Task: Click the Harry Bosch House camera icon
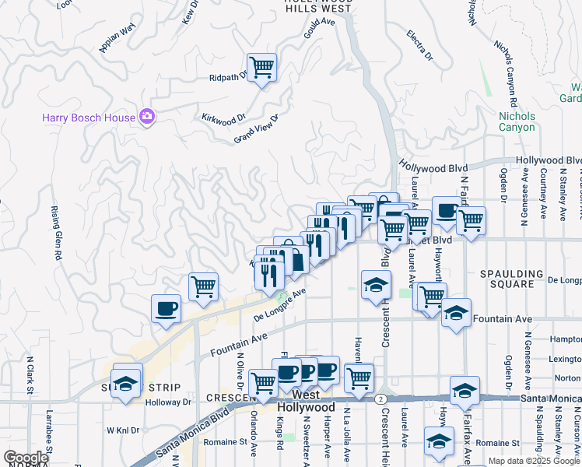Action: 147,118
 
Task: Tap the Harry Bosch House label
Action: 89,118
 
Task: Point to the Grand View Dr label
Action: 257,128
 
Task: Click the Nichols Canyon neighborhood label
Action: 517,121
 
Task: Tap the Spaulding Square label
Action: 511,279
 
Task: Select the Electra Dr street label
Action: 419,45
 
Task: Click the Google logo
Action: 26,458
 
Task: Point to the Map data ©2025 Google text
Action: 534,461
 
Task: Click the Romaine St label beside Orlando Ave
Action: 227,441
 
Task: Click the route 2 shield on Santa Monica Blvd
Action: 379,399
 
